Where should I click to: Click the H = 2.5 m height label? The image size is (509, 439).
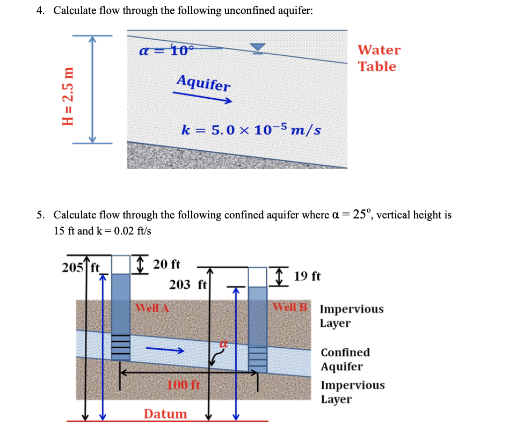68,96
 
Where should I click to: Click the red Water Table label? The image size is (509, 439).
379,58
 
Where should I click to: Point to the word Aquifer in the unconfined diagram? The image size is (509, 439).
203,83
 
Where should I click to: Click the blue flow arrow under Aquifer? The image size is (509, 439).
202,97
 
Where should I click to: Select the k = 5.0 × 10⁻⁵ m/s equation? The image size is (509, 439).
251,129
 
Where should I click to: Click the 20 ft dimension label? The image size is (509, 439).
166,264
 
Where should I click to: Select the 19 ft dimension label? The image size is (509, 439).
308,276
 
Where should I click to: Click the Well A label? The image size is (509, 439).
152,308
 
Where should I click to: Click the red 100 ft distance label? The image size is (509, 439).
183,384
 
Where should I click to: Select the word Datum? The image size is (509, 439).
165,414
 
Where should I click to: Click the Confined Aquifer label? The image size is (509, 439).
345,360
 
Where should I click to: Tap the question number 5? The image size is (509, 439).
40,215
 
